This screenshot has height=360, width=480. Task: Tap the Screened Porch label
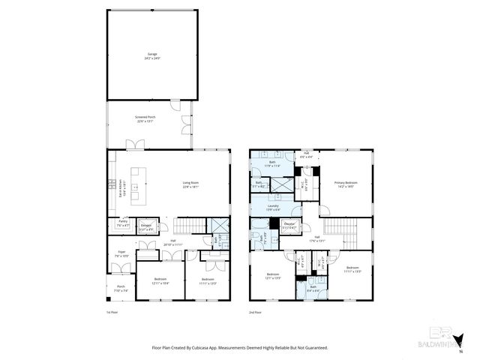click(x=145, y=118)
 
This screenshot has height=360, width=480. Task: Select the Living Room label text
click(x=190, y=184)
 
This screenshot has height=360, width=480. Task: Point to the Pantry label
click(x=122, y=223)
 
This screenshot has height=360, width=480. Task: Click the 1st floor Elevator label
click(x=147, y=226)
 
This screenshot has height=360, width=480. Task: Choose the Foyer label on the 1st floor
click(x=121, y=253)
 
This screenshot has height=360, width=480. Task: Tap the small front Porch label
click(x=121, y=288)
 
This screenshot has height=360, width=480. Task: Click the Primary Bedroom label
click(x=346, y=184)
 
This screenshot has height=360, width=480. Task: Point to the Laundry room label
click(x=273, y=207)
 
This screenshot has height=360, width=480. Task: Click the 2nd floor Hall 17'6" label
click(x=318, y=239)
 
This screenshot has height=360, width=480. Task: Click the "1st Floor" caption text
click(x=112, y=312)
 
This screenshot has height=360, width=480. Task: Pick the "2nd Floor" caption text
click(x=256, y=312)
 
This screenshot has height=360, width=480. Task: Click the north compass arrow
click(x=460, y=342)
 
